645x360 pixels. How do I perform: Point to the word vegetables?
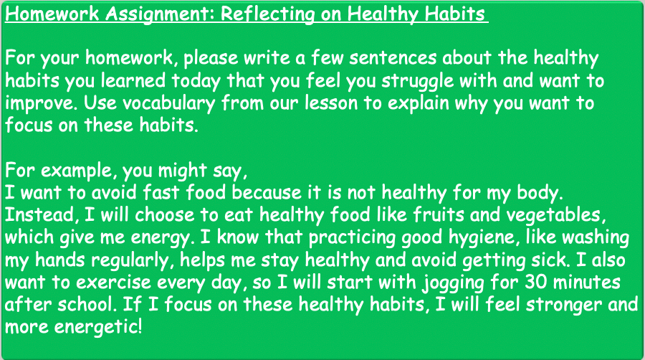[546, 215]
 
